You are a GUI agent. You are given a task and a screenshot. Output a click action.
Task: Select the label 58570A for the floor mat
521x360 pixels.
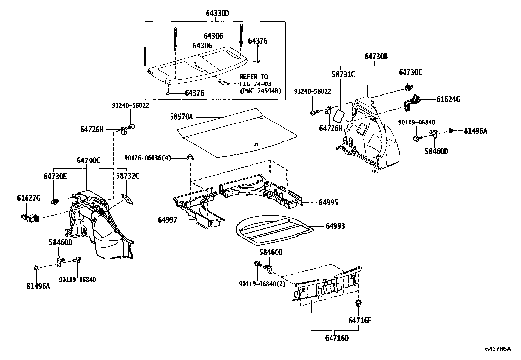point(181,117)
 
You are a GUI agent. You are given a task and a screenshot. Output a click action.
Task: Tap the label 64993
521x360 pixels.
point(335,226)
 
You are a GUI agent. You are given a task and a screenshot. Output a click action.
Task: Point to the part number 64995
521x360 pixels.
point(328,203)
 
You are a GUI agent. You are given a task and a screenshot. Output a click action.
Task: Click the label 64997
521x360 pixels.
point(168,220)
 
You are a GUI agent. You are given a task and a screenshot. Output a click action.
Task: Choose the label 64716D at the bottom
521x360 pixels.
point(337,338)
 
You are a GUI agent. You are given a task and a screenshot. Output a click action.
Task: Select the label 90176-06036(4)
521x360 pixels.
point(148,158)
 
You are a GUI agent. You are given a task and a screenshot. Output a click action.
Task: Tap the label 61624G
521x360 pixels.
point(448,99)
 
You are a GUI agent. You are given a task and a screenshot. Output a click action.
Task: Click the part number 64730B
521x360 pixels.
point(376,57)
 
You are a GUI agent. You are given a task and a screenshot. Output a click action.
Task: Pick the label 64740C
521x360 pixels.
point(88,161)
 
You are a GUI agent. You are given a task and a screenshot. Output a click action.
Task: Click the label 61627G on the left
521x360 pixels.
point(29,198)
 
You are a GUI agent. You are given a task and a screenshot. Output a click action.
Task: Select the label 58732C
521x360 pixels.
point(128,176)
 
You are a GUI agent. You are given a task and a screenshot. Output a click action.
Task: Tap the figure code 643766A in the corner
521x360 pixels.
point(497,349)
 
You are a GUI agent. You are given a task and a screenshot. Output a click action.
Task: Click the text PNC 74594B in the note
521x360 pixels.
point(260,91)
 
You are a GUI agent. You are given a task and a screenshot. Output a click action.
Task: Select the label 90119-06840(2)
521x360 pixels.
point(262,284)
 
